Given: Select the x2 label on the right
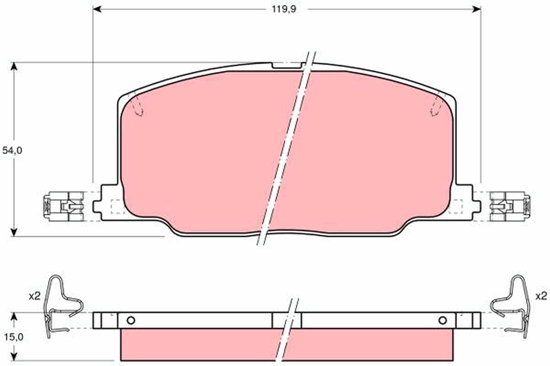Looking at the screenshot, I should pyautogui.click(x=541, y=296).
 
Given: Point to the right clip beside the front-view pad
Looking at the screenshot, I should pyautogui.click(x=510, y=207).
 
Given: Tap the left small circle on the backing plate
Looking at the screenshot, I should pyautogui.click(x=131, y=320).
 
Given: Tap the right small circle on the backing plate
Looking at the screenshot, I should pyautogui.click(x=442, y=320).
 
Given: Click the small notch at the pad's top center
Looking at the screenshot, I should pyautogui.click(x=287, y=65).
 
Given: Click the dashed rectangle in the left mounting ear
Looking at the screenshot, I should pyautogui.click(x=118, y=206).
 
